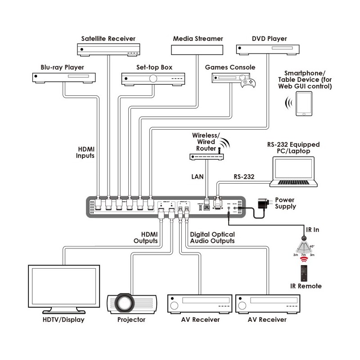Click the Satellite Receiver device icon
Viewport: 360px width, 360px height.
(108, 49)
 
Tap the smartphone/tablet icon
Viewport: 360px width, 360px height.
(305, 104)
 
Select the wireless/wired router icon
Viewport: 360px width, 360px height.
(205, 157)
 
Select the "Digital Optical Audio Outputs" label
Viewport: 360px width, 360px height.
(212, 237)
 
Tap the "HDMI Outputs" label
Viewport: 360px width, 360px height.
(146, 237)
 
